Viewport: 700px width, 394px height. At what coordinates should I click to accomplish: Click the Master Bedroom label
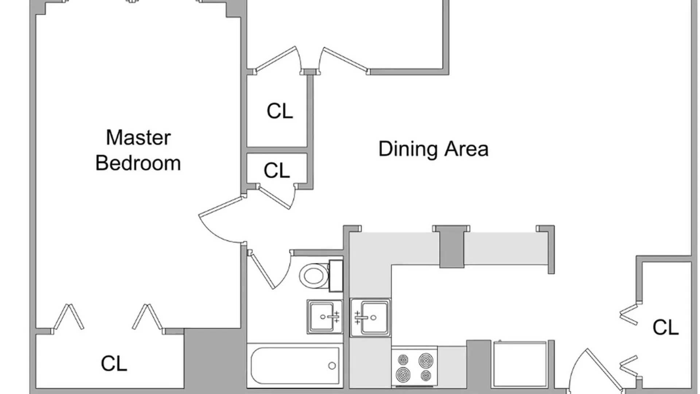[138, 150]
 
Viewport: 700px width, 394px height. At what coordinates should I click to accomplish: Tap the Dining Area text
[433, 149]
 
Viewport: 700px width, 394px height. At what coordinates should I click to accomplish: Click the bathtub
[295, 366]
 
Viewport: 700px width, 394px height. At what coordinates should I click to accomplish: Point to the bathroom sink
[325, 317]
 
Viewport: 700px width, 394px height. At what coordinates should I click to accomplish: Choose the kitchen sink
[370, 317]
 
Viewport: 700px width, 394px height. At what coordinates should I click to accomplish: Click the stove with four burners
[415, 366]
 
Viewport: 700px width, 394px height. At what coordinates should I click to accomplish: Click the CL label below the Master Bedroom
[114, 363]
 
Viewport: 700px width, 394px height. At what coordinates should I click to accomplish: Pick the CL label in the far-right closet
[665, 327]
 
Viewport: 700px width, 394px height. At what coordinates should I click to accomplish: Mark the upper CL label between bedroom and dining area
[280, 111]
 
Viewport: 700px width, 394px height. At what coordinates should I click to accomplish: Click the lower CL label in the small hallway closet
[277, 170]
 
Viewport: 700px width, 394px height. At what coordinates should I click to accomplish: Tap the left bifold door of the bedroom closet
[69, 317]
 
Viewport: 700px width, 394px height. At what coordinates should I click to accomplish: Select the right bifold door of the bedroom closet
[147, 317]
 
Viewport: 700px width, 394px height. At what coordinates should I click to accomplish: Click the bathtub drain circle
[332, 366]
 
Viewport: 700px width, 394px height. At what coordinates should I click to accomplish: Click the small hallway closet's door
[276, 197]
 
